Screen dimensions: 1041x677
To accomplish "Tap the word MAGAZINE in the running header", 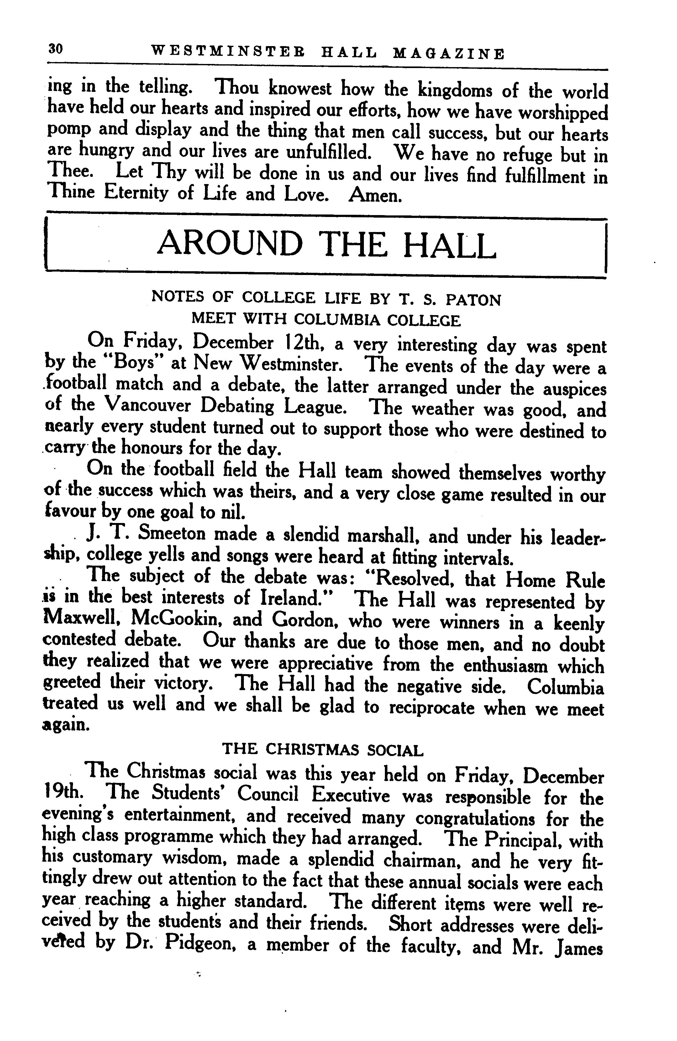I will (449, 53).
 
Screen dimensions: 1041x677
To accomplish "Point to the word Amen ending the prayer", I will (374, 196).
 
